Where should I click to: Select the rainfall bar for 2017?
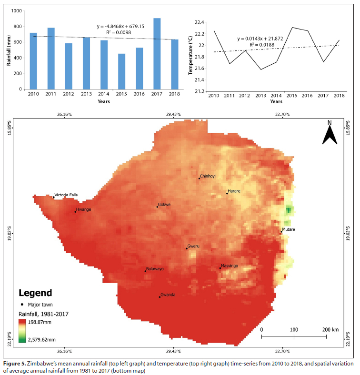tap(157, 54)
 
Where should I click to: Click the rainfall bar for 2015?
tap(122, 71)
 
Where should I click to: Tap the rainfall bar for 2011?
tap(51, 59)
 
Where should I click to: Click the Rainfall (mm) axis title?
tap(9, 50)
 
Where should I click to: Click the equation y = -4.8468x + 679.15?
tap(120, 27)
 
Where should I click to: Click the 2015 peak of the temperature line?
tap(292, 28)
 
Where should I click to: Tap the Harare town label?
tap(234, 191)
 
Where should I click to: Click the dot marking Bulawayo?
tap(145, 271)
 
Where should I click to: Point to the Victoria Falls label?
tap(66, 195)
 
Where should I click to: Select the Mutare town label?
tap(288, 229)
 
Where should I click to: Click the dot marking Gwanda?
tap(160, 297)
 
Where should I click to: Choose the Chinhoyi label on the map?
tap(208, 176)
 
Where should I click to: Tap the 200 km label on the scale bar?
tap(330, 330)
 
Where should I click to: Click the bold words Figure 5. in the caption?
tap(16, 364)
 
